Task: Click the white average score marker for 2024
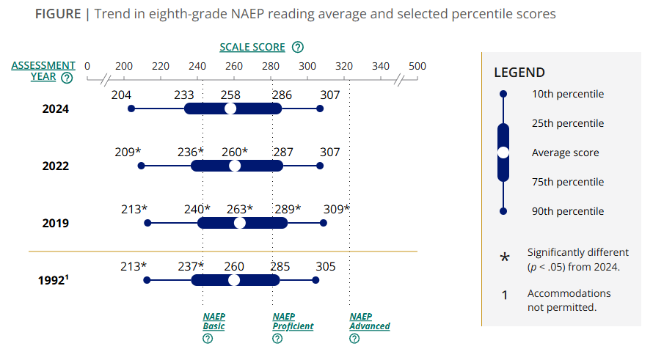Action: point(230,109)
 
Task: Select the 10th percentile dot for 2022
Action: point(141,166)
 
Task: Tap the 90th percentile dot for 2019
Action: point(324,222)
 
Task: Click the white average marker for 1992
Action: point(234,280)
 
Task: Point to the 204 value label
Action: point(121,95)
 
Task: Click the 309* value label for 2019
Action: point(337,209)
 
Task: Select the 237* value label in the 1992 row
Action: point(191,266)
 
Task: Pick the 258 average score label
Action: point(230,95)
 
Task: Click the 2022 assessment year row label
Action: point(55,166)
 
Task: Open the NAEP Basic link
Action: point(214,321)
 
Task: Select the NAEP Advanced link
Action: point(370,321)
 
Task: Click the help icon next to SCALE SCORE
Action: point(297,48)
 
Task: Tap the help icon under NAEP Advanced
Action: point(354,338)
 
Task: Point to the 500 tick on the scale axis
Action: point(417,66)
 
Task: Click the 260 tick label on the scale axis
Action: point(233,66)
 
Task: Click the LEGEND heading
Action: point(519,73)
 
